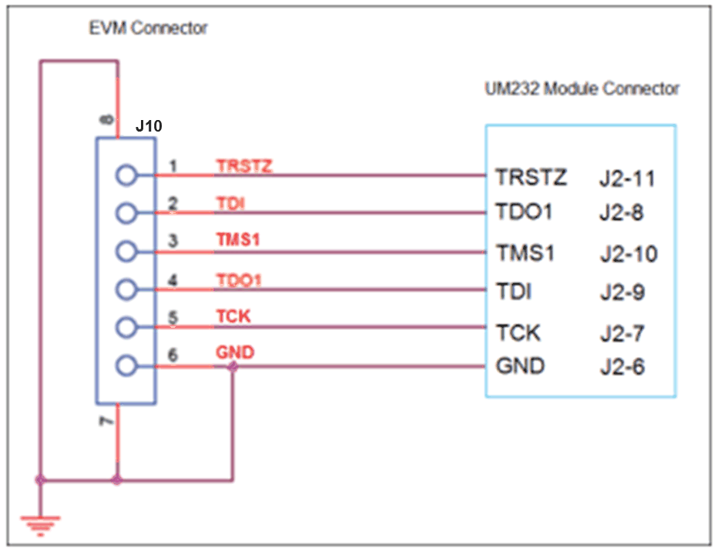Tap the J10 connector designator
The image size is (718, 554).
tap(148, 125)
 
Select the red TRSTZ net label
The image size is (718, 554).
tap(244, 165)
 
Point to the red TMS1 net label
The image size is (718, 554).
tap(238, 240)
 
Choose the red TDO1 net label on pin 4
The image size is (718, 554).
tap(239, 279)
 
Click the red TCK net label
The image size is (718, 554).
tap(233, 316)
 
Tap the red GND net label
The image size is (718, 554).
tap(235, 353)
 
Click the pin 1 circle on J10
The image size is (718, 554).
tap(126, 176)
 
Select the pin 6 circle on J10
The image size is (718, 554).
tap(126, 366)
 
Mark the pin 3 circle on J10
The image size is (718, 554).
tap(126, 251)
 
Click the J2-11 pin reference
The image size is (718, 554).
tap(627, 179)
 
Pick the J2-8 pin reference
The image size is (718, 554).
tap(622, 212)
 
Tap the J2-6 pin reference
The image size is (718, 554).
tap(622, 367)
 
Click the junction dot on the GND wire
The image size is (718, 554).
tap(233, 367)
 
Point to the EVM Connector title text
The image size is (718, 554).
tap(149, 28)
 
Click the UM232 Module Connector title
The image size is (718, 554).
tap(582, 88)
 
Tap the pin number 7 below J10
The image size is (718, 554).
tap(107, 422)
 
